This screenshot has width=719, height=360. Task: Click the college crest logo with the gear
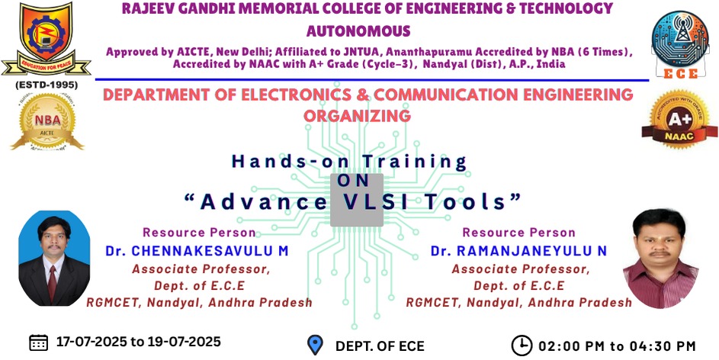[46, 39]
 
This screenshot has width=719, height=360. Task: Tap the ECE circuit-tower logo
[680, 44]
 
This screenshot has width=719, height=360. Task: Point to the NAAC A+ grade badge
[679, 119]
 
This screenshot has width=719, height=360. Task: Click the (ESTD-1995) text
[47, 85]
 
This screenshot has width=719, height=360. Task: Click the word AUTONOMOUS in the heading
[358, 31]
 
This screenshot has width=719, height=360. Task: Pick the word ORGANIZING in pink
[357, 116]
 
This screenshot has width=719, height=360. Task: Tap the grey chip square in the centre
[357, 200]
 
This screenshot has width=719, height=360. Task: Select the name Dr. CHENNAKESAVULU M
[197, 251]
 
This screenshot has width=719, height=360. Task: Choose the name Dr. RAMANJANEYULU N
[518, 251]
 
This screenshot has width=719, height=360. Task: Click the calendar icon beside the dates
[39, 342]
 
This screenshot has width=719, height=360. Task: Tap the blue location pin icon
[315, 345]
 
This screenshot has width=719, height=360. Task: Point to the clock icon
[522, 346]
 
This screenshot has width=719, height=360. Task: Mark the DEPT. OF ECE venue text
[380, 346]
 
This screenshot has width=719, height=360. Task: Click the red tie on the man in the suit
[53, 282]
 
